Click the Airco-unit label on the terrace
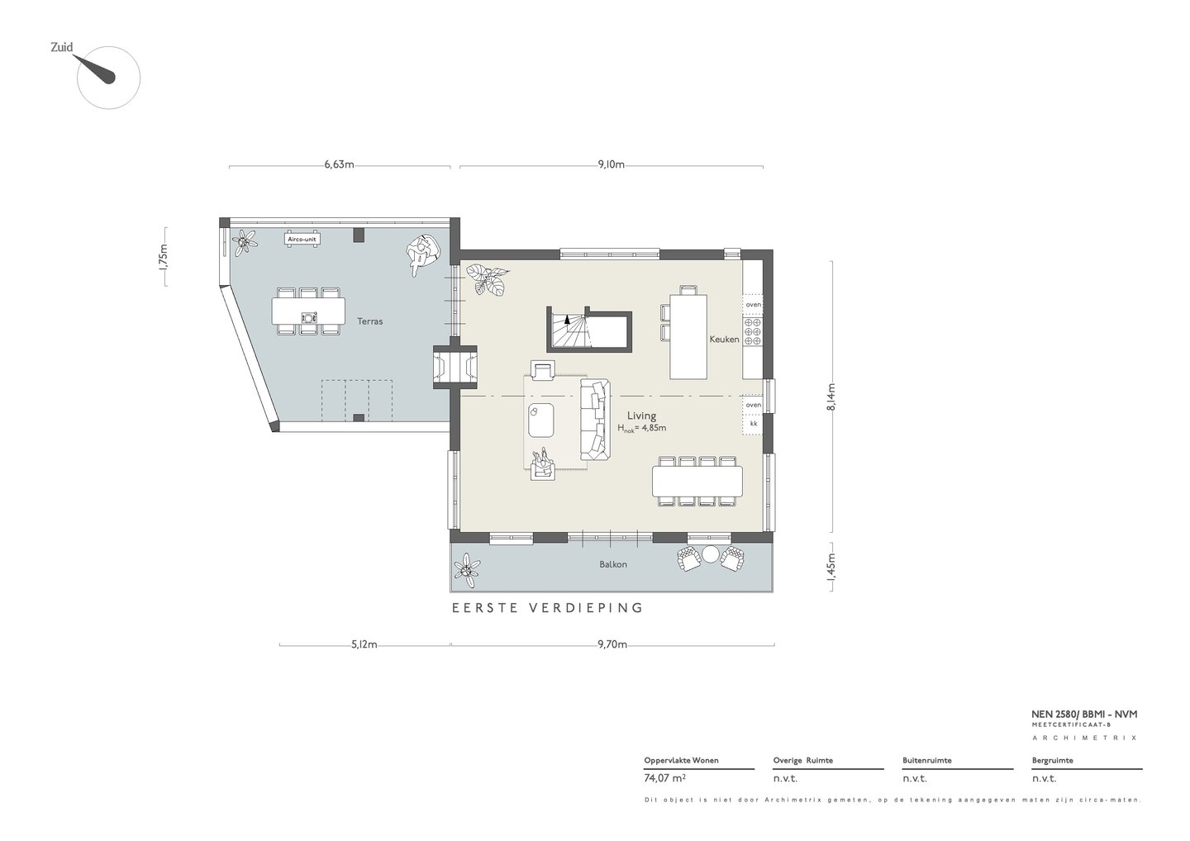[302, 240]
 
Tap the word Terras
[369, 321]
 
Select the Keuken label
[724, 340]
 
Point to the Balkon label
[613, 564]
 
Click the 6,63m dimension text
[339, 164]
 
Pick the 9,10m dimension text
[611, 164]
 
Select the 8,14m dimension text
[831, 397]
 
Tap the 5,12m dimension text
[364, 644]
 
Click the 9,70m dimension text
[612, 644]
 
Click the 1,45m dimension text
[831, 567]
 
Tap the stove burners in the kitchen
[752, 331]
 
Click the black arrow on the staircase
[567, 319]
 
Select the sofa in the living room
[594, 420]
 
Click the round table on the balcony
[711, 554]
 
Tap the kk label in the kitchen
[754, 424]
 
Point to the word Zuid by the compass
[62, 47]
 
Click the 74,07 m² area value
[664, 778]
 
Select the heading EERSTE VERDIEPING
[547, 608]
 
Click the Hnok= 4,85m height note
[641, 428]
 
